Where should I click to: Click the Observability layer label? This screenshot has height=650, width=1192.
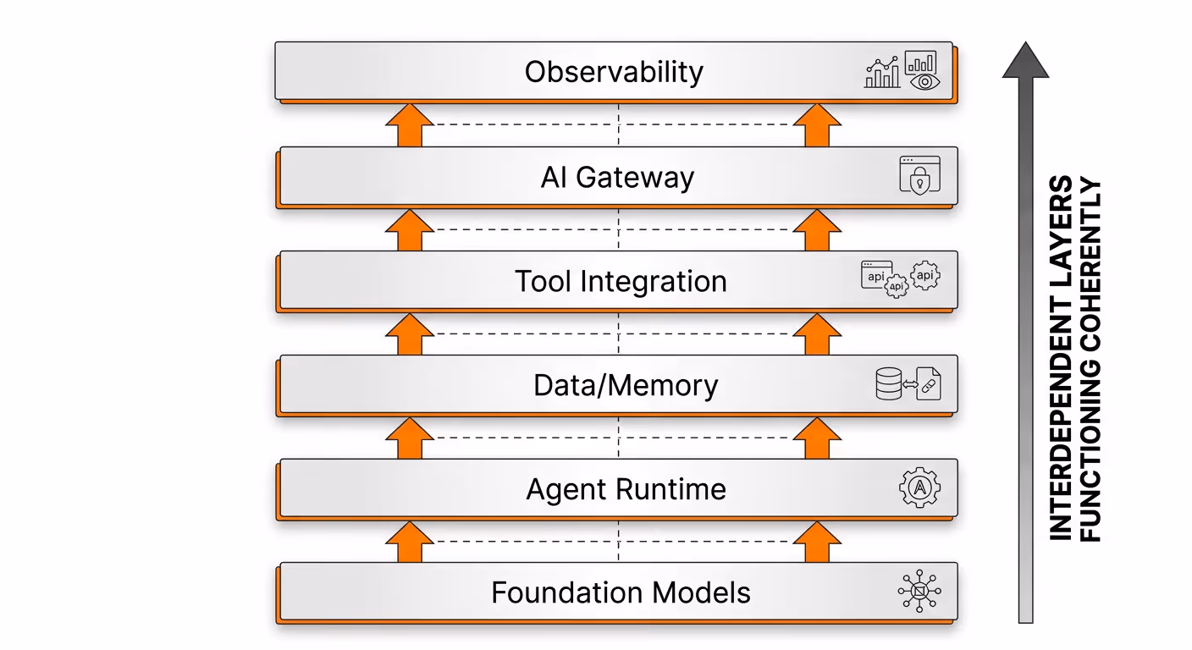point(613,72)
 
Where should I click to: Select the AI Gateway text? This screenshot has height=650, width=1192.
point(617,178)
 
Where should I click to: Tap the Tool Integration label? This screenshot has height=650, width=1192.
point(621,281)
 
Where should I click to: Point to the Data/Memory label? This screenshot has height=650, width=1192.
point(626,386)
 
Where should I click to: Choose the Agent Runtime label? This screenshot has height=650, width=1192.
point(626,489)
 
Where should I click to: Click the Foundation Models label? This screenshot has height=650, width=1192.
point(621,592)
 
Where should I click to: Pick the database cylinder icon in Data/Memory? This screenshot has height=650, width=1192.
point(888,385)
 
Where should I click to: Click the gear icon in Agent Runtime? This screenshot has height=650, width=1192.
point(919,488)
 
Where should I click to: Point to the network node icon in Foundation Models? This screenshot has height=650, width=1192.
point(919,592)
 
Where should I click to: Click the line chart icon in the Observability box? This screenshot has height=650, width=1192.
point(882,74)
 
